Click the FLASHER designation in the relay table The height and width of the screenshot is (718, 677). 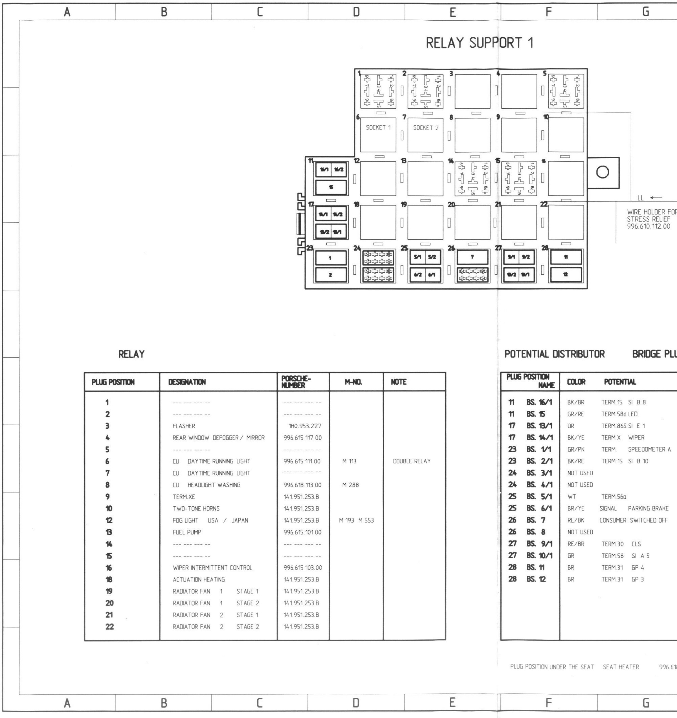184,426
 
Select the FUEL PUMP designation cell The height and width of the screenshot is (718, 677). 187,532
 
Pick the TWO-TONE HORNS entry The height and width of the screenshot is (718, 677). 196,509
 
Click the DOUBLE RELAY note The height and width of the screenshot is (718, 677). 412,461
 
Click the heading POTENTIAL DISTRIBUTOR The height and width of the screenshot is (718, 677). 554,354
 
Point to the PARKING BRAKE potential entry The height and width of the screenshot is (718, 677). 648,509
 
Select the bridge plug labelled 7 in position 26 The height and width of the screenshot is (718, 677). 472,257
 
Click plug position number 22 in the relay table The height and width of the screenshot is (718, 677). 109,627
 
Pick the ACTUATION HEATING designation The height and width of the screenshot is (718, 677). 199,579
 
